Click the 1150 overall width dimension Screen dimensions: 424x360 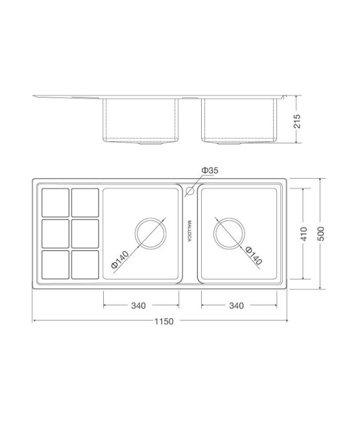164,321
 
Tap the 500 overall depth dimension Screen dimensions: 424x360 321,234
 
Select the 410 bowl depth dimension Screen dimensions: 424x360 303,233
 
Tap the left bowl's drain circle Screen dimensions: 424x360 151,233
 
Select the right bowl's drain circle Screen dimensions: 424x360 229,233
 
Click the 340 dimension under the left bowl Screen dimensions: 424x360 138,305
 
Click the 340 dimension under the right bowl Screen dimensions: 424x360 236,305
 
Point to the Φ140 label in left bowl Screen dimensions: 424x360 121,259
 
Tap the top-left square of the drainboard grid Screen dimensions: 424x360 56,202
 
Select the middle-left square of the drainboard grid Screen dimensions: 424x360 56,233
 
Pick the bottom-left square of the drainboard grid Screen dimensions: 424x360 56,264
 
